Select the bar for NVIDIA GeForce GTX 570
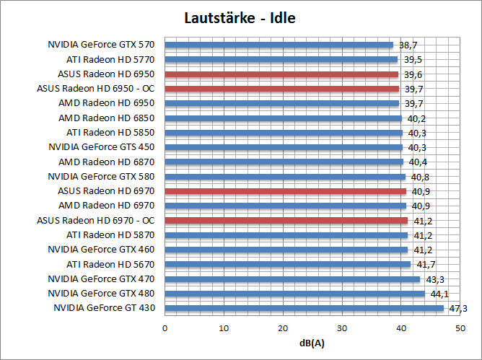[279, 45]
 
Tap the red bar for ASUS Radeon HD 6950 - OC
[281, 89]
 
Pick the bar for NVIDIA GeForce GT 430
[304, 308]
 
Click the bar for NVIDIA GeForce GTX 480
[294, 294]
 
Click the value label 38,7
[408, 45]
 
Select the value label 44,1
[439, 294]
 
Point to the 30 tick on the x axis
[342, 328]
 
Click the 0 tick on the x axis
[165, 328]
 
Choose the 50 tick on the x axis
[460, 328]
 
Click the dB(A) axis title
[312, 342]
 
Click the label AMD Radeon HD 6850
[106, 118]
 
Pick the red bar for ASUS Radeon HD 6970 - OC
[286, 220]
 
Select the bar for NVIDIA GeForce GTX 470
[292, 278]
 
